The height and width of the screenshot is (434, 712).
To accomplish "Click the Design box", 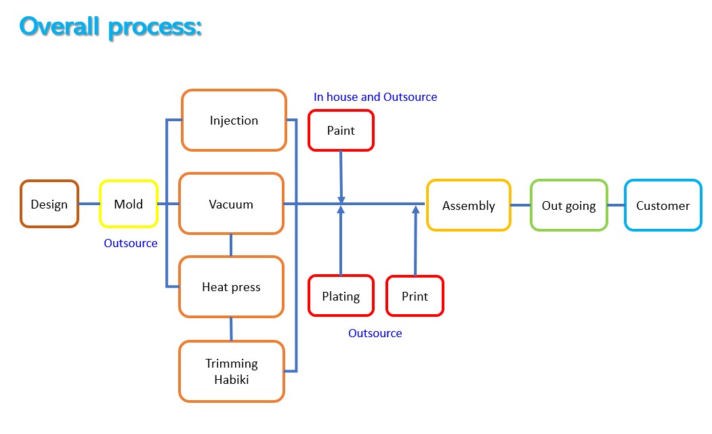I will pos(49,204).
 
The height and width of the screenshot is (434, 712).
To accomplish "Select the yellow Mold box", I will pos(129,204).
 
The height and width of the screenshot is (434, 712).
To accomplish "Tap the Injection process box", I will pos(234,121).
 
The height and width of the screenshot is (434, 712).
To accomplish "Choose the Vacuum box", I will pos(231,204).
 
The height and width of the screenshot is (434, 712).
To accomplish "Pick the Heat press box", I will pos(231,287).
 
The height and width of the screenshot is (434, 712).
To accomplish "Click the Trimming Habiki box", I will pos(232,372).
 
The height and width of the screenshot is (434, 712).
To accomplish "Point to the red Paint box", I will pos(341,130).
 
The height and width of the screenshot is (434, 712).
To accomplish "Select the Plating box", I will pos(341,296).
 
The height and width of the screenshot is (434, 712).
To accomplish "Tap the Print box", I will pos(415,296).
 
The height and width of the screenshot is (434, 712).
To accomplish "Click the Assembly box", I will pos(468,205).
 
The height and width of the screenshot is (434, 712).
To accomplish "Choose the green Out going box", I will pos(569,205).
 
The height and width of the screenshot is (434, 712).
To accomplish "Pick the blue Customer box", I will pos(663,205).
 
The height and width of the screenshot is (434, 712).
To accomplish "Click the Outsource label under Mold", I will pos(131,243).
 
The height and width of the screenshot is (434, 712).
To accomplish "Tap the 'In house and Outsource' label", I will pos(375,97).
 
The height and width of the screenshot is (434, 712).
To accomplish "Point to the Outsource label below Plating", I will pos(375,333).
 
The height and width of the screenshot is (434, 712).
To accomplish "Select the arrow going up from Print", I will pos(415,240).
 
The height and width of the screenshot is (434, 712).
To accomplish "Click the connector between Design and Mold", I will pos(89,204).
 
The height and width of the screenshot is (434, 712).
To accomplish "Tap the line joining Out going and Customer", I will pos(616,205).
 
